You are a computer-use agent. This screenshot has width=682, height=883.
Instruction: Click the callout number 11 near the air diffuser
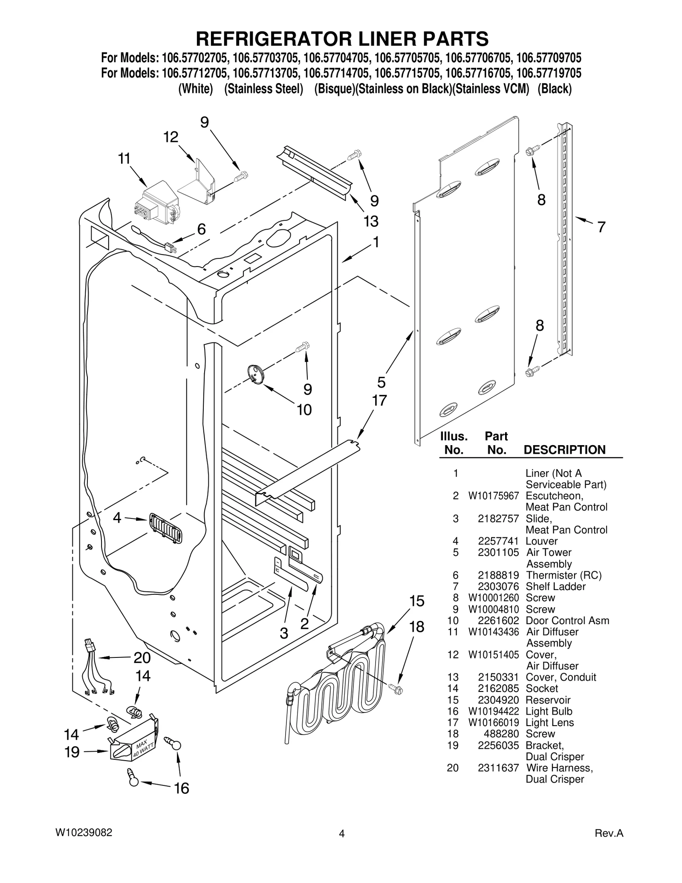pos(124,159)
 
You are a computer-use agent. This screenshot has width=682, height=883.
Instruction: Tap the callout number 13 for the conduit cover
pos(371,221)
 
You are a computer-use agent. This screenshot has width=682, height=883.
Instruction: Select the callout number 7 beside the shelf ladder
pos(601,227)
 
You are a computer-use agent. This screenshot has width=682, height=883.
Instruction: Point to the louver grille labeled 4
pos(165,529)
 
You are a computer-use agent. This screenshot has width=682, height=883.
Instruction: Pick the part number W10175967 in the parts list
pos(494,496)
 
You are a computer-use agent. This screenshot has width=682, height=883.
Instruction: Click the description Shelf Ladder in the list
pos(555,586)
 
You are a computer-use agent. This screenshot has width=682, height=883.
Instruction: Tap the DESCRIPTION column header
pos(564,450)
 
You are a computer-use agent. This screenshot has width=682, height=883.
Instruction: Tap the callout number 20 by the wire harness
pos(142,657)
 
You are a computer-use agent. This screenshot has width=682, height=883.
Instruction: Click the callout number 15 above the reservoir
pos(417,601)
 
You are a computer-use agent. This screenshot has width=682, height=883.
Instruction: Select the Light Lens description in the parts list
pos(549,722)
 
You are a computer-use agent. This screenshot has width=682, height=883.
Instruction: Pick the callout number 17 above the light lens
pos(379,400)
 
